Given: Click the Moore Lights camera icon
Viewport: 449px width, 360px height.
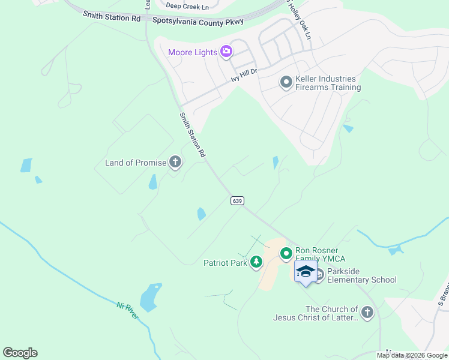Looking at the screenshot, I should (x=226, y=52).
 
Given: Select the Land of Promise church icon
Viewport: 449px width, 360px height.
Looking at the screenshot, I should (x=175, y=162).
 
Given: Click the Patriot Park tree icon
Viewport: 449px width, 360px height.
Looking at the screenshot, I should (x=256, y=262).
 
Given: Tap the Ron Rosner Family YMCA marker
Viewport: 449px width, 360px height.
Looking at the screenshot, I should (x=286, y=254).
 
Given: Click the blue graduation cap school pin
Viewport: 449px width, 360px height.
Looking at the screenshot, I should (x=306, y=272).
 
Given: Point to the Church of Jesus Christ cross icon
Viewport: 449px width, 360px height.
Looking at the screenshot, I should (x=367, y=312).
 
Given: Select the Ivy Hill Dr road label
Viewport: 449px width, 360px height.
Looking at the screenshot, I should (x=244, y=74).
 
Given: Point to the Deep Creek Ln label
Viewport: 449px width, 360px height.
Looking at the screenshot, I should (x=187, y=7).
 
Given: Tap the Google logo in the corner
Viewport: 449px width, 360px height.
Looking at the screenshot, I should (x=20, y=352).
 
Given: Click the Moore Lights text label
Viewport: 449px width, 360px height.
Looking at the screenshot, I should (x=193, y=52).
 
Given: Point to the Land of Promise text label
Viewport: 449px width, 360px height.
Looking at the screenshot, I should (x=135, y=163).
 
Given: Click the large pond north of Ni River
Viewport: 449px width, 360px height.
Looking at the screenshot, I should (x=150, y=298).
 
